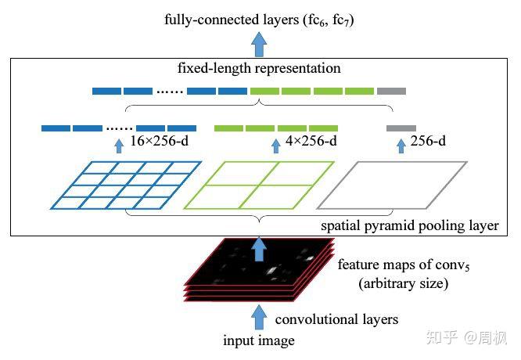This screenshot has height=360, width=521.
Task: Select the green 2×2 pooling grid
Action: click(x=259, y=185)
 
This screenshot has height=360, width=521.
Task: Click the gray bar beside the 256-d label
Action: click(x=401, y=128)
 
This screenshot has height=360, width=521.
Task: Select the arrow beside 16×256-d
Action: click(x=118, y=145)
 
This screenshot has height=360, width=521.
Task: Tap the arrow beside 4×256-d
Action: click(x=275, y=145)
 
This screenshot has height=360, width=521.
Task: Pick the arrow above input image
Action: click(x=260, y=317)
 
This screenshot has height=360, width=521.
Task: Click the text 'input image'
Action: click(x=260, y=341)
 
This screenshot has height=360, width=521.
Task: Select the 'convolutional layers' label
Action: click(x=336, y=319)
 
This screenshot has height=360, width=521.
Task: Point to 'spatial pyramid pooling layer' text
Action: click(x=410, y=226)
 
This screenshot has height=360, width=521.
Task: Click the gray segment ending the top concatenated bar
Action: click(x=391, y=91)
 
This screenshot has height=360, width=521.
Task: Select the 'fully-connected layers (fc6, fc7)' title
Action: click(x=260, y=18)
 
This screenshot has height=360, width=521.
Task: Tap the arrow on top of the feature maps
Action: click(x=260, y=248)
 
